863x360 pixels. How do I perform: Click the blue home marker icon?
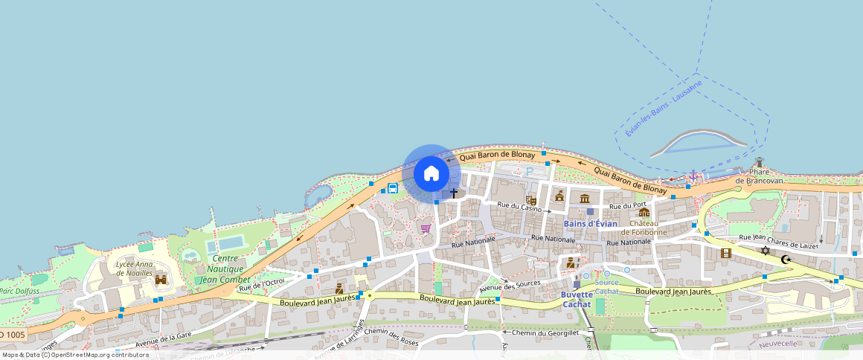pos(431,173)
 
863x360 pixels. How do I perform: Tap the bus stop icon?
pos(392,188)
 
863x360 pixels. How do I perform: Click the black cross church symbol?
pos(454,193)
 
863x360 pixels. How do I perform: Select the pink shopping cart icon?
pos(426,228)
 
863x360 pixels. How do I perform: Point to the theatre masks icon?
pos(531,200)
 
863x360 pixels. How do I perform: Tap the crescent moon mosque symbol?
pos(785,260)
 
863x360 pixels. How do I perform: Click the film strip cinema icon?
pos(725,253)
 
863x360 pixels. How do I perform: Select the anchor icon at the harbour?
pos(693,176)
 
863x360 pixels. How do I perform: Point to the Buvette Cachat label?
pos(577,299)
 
